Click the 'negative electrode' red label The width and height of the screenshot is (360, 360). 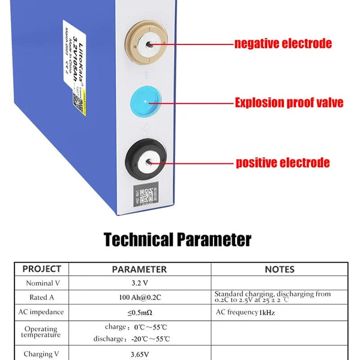tap(283, 44)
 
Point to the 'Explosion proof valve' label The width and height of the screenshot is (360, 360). tap(289, 103)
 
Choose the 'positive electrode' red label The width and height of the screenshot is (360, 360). tap(282, 163)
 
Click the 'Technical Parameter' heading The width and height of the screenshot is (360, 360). tap(178, 240)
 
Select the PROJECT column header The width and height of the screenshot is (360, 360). tap(41, 269)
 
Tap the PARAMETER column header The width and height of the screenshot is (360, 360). tap(139, 269)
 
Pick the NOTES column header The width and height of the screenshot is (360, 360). tap(280, 269)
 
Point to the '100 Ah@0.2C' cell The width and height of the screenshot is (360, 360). tap(139, 297)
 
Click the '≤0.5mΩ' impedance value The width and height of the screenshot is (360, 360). tap(139, 313)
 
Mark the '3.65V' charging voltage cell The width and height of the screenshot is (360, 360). tap(139, 353)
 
